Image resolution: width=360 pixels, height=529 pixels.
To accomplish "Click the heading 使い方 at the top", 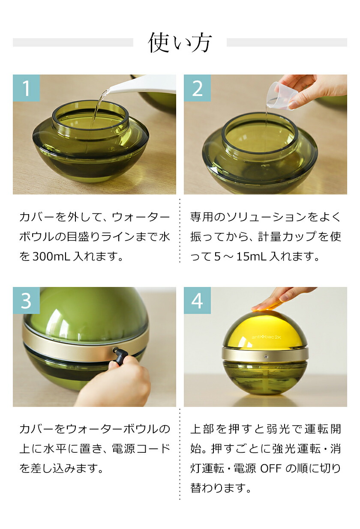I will (x=180, y=43).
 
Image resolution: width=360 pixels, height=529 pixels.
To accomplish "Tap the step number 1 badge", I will (x=26, y=88).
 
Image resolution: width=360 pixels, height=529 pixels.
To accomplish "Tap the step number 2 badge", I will (x=197, y=88).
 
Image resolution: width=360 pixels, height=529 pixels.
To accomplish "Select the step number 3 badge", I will (x=26, y=300).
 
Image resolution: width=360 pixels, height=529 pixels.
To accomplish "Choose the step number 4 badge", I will (x=197, y=300).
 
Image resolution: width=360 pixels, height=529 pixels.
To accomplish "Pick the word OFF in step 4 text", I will (x=270, y=468).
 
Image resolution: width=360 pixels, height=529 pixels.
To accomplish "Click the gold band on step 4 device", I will (x=240, y=354).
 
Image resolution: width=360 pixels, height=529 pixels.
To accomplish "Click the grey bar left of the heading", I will (x=73, y=42).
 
